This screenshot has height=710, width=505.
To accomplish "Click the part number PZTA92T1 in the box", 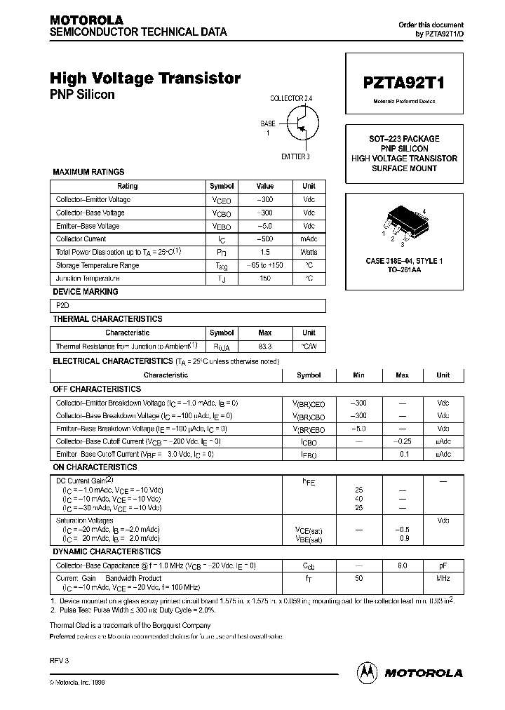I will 403,81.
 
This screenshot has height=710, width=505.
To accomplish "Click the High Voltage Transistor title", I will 145,79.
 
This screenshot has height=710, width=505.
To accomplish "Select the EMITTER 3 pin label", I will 295,156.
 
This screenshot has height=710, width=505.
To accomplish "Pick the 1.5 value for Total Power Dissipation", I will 264,253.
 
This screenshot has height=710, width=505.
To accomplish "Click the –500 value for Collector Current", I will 264,239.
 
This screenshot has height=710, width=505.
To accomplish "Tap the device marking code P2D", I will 63,306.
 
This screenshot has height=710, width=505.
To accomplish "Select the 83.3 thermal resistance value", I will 264,347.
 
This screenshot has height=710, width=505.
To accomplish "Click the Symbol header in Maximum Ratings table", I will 222,187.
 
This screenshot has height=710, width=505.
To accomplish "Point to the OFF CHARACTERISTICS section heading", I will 97,389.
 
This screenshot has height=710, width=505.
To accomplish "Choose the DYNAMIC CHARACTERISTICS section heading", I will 107,552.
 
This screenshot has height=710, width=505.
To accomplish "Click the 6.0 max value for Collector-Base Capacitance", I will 402,565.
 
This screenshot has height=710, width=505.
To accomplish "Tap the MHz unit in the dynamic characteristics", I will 443,579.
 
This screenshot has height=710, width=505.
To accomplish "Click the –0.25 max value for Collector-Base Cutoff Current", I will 402,441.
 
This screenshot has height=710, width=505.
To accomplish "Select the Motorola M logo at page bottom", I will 367,671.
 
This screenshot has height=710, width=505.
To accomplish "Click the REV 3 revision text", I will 59,661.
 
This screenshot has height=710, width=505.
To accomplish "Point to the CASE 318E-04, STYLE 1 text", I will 404,261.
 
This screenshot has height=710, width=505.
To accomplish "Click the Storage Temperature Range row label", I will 97,266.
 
